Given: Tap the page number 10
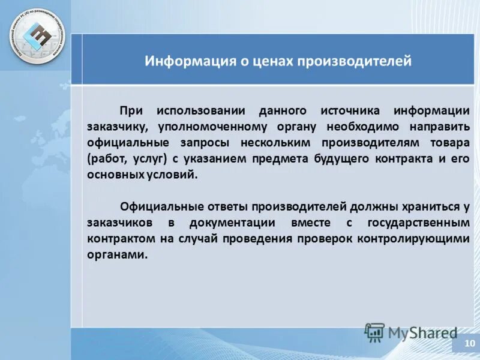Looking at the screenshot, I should click(x=467, y=346).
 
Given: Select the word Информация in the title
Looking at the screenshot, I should click(x=181, y=61).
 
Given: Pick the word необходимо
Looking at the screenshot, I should click(x=362, y=127).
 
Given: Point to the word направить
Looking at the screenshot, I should click(x=439, y=127).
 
